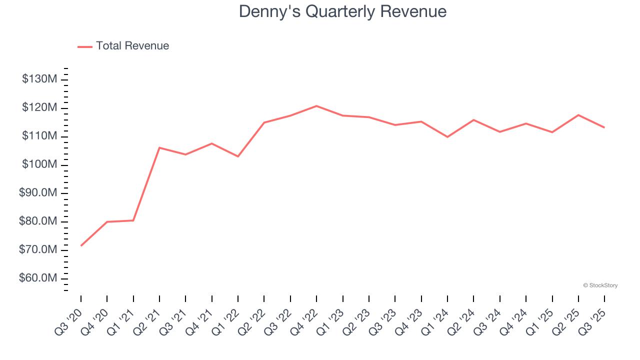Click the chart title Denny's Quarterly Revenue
342,11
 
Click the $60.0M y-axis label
38,278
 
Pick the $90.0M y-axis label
38,193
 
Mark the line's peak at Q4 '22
316,106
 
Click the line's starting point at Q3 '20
81,245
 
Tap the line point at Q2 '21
159,147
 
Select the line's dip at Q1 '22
238,156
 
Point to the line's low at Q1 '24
447,137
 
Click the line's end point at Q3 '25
604,127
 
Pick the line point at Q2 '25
578,115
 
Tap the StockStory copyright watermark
600,285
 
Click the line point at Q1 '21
133,220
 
